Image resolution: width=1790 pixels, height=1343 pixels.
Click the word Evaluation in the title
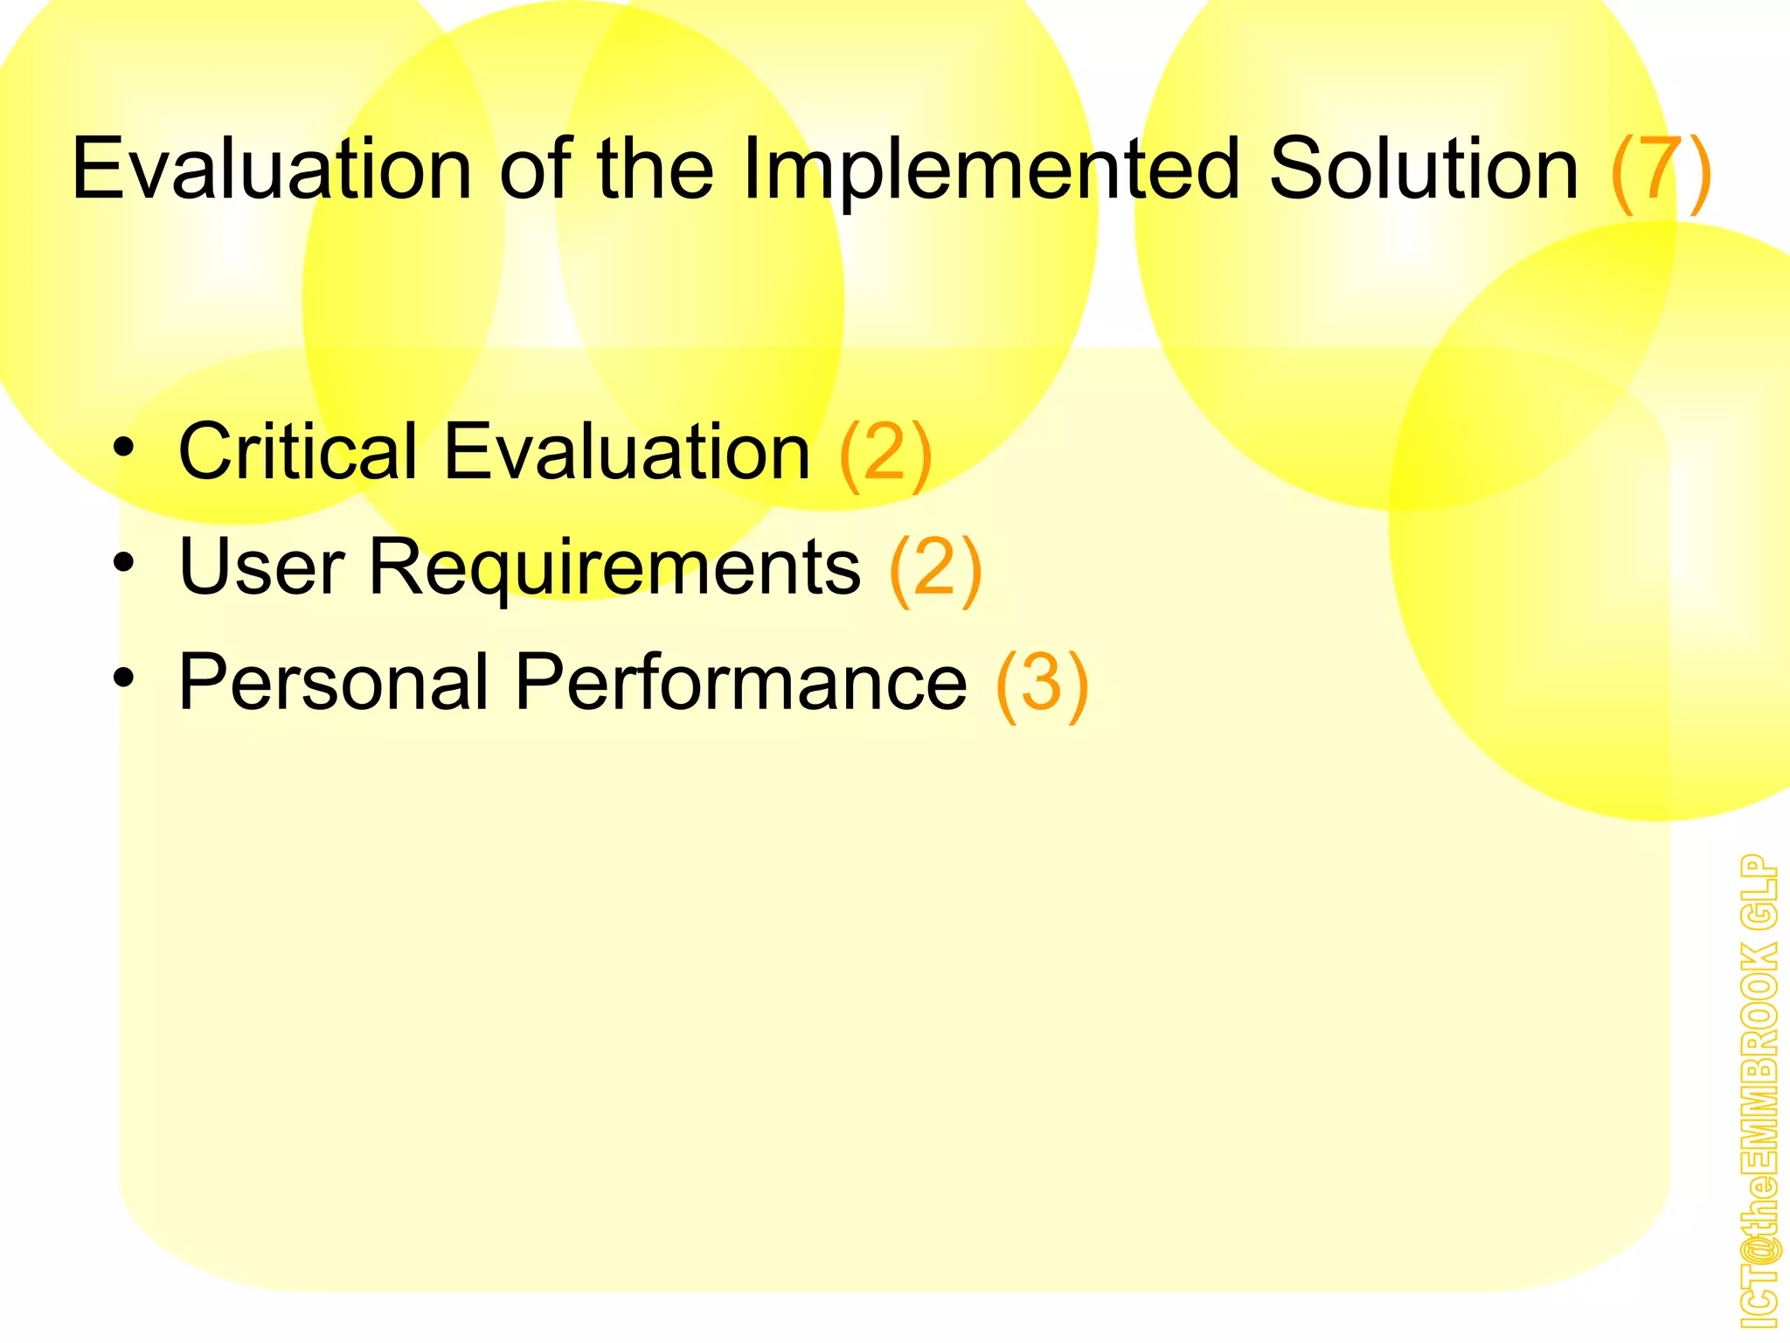click(271, 168)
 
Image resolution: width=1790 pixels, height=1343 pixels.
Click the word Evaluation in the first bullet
click(627, 451)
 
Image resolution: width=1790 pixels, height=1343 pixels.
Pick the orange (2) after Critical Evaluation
click(885, 453)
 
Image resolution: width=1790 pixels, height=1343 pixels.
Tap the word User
click(260, 567)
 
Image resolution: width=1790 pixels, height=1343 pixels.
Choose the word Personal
click(333, 682)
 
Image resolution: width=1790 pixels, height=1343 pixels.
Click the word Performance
click(741, 682)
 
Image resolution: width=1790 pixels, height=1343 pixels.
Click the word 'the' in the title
click(655, 168)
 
